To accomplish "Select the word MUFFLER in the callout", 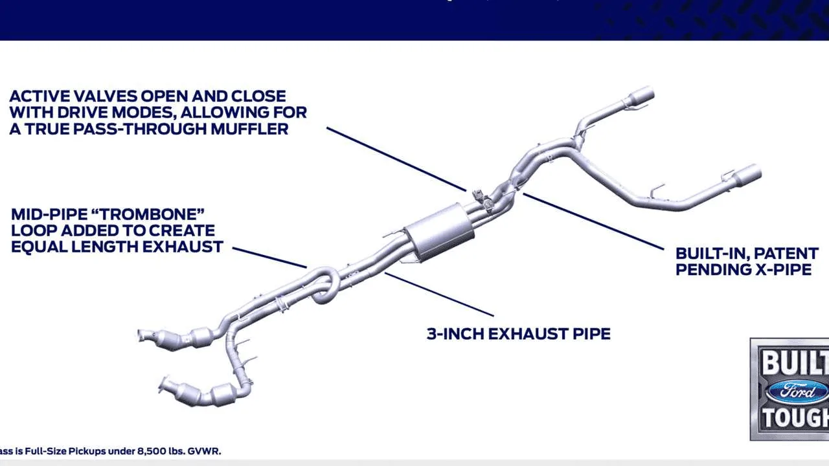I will [x=249, y=128].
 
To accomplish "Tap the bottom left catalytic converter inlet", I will [x=165, y=386].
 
